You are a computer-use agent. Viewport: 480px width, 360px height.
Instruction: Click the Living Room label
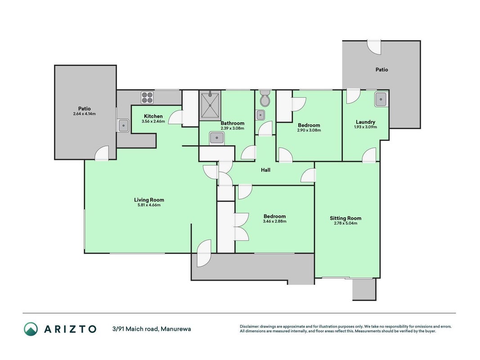click(x=149, y=200)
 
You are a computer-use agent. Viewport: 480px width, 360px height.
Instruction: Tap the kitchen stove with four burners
click(x=147, y=98)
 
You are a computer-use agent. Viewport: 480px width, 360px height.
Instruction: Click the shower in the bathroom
click(x=210, y=105)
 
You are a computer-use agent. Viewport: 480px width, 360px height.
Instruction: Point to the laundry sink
click(x=381, y=99)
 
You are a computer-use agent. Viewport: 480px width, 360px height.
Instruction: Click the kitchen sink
click(x=123, y=125)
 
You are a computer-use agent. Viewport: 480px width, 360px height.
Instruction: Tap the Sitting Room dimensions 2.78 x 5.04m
click(x=345, y=223)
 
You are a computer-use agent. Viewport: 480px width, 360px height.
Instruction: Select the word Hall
click(x=266, y=170)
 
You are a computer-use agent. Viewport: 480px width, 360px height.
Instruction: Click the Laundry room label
click(x=365, y=122)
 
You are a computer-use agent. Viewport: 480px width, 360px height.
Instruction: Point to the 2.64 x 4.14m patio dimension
click(x=85, y=113)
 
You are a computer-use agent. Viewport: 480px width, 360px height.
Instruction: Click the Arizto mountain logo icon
click(x=31, y=329)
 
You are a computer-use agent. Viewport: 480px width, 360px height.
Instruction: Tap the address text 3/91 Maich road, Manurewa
click(x=152, y=329)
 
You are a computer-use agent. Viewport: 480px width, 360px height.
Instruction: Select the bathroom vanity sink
click(x=217, y=138)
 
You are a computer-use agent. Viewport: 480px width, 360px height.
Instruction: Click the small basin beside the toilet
click(x=260, y=115)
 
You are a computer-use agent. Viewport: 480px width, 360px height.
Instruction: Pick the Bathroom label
click(x=233, y=123)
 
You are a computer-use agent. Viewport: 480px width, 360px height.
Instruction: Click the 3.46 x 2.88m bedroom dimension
click(x=274, y=221)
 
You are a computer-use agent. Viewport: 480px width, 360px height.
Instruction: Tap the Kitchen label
click(x=153, y=117)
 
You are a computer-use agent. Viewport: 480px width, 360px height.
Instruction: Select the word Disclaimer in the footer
click(x=250, y=327)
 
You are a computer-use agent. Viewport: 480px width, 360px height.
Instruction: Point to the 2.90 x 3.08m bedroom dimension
click(x=309, y=130)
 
